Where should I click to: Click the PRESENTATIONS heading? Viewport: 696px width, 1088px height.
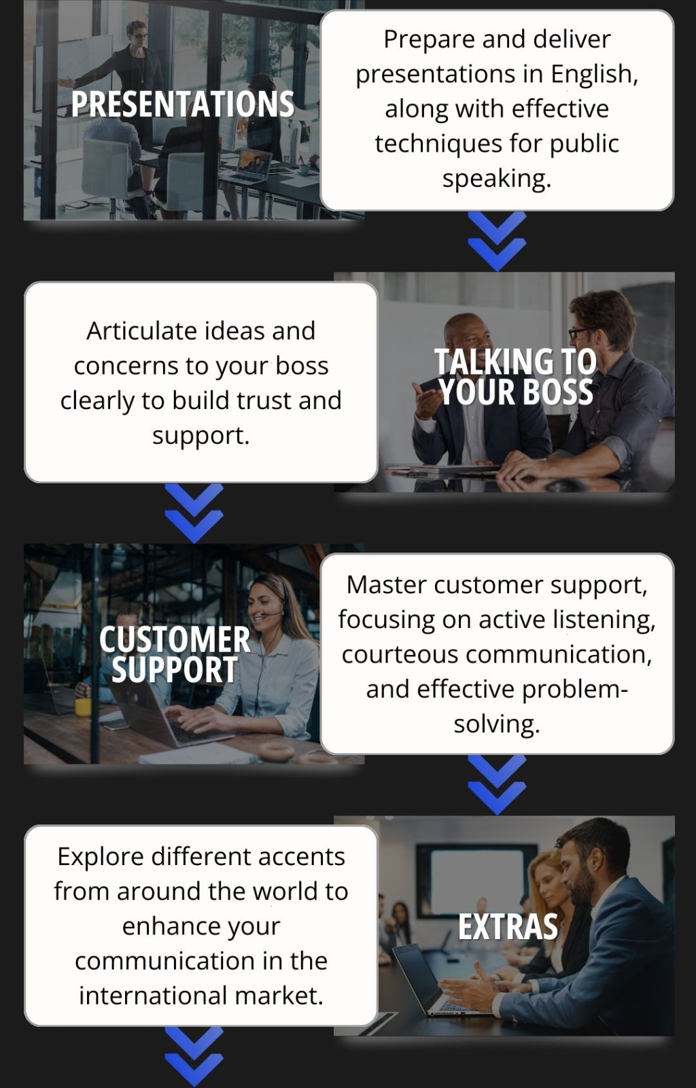coord(183,104)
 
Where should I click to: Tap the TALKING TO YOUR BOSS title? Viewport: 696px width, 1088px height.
coord(515,376)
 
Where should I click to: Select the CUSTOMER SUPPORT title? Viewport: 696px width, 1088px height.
coord(175,654)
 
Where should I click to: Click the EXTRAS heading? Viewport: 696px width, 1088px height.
coord(508,927)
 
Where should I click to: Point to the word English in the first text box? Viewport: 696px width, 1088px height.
coord(594,74)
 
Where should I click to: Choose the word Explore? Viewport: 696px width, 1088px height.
coord(101,857)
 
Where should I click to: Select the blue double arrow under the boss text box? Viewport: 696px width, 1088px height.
coord(194,513)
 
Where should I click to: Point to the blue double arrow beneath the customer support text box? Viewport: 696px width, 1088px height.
coord(497,784)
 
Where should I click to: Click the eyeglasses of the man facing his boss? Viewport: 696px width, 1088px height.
coord(581,333)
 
